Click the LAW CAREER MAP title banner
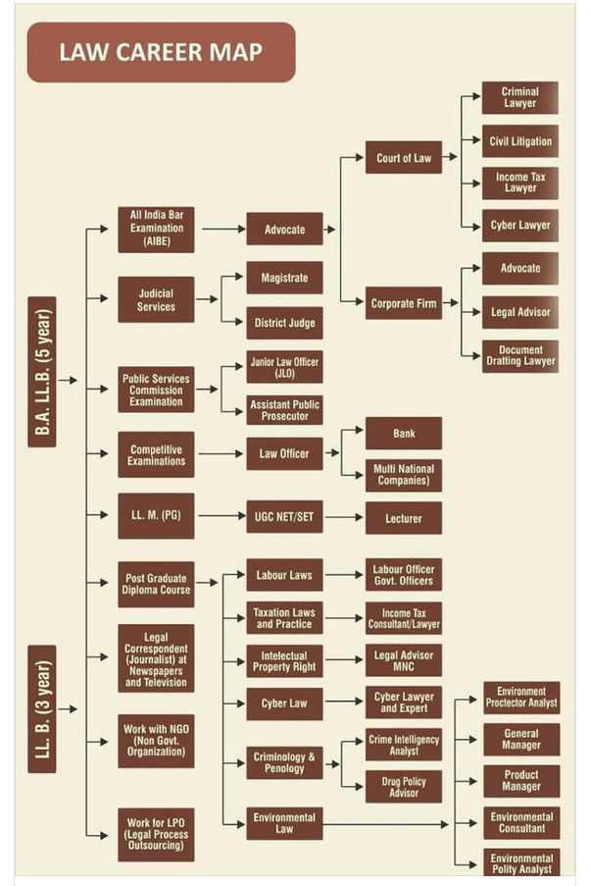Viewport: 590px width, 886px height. point(161,51)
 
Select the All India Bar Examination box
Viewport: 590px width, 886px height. point(156,229)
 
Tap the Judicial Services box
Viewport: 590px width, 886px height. point(156,299)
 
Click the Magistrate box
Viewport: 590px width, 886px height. point(284,278)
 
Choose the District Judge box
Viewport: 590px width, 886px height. point(284,322)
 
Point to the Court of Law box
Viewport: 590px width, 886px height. point(403,157)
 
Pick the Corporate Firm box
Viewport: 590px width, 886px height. point(403,303)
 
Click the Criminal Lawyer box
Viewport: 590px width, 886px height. point(519,98)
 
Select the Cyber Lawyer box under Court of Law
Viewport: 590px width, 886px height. point(519,225)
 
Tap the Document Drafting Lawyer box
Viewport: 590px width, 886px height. point(519,355)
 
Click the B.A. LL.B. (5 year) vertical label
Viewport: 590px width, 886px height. point(42,372)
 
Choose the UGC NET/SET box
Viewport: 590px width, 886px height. point(284,516)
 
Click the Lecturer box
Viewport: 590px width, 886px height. point(403,518)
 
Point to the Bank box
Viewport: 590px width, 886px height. point(403,433)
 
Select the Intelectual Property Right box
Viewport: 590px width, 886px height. point(284,660)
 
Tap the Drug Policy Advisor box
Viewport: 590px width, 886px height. point(403,786)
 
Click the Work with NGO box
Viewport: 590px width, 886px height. point(156,739)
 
